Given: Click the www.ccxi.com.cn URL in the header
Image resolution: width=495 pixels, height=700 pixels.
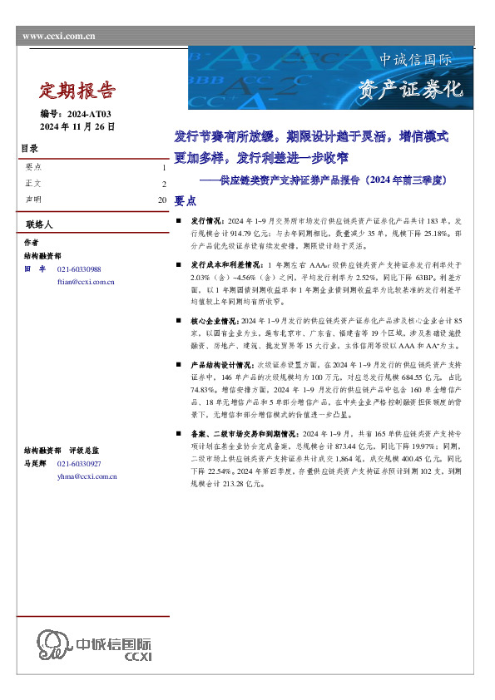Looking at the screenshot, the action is coord(58,36).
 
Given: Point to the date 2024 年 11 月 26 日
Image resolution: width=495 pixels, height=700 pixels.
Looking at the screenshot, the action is coord(78,126).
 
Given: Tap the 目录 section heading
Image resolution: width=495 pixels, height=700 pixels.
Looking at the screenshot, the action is coord(29,150).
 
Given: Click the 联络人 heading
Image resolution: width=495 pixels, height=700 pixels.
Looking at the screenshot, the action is coord(38,225).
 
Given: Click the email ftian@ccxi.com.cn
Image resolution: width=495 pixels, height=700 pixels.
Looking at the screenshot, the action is coord(86,283).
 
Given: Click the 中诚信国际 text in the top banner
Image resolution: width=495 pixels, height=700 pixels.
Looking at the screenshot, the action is coord(416,61).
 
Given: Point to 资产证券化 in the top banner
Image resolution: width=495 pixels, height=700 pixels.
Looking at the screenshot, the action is coord(409,90).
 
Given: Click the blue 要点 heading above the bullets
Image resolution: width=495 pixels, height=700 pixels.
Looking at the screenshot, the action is coord(186,201).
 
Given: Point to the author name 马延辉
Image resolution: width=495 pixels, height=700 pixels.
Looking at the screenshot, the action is coord(34,464).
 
